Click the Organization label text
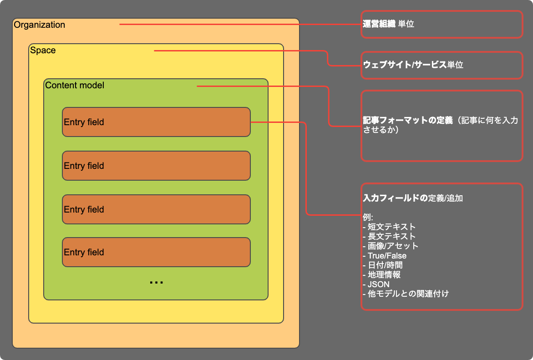(x=40, y=25)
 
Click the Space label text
(x=43, y=50)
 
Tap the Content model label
(x=75, y=85)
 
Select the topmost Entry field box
(x=156, y=122)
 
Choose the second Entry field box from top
(x=156, y=166)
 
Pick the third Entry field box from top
(x=156, y=209)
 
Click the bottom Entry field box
(x=156, y=252)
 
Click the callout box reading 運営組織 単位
(x=442, y=24)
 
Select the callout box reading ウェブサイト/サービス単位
(x=442, y=65)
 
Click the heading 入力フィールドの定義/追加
(x=413, y=198)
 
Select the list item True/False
(x=387, y=256)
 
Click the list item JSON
(x=378, y=284)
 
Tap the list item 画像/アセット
(x=393, y=246)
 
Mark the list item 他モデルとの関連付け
(x=408, y=294)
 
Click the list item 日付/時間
(x=385, y=265)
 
